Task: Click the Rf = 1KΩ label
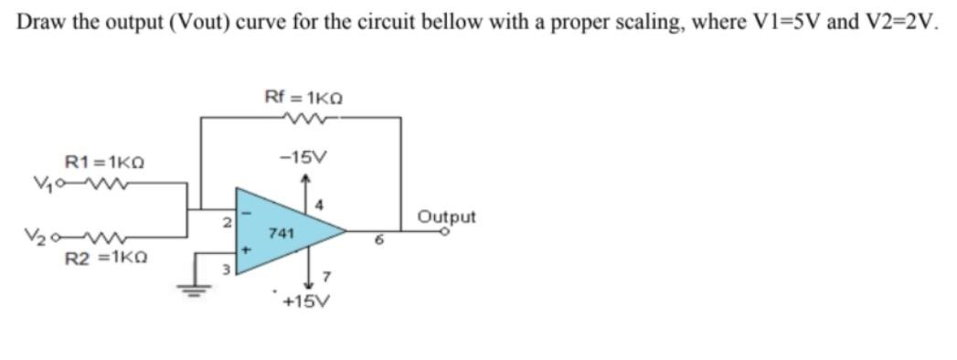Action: tap(303, 96)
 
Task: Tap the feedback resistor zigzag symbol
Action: tap(303, 117)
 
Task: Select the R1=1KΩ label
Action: tap(103, 163)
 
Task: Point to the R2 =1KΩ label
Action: tap(104, 259)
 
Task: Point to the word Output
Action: tap(447, 217)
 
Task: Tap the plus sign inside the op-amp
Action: tap(244, 248)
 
